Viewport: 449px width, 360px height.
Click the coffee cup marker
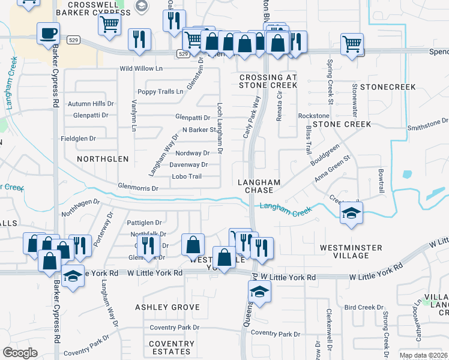click(x=48, y=33)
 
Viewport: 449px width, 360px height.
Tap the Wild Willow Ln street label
click(x=141, y=69)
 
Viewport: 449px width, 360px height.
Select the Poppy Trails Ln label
click(x=160, y=92)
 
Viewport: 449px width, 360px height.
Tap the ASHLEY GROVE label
click(x=167, y=307)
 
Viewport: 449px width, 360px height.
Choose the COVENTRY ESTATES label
click(x=172, y=348)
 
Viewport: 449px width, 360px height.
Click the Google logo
click(x=20, y=353)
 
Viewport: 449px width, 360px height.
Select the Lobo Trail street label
click(x=187, y=176)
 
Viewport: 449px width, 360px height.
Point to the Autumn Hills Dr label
click(x=91, y=104)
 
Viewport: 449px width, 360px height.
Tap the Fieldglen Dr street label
click(x=78, y=139)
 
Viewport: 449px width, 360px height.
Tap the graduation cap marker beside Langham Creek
click(x=351, y=214)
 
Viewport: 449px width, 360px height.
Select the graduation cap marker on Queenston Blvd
click(x=259, y=292)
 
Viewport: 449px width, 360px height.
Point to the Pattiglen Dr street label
click(x=145, y=223)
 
